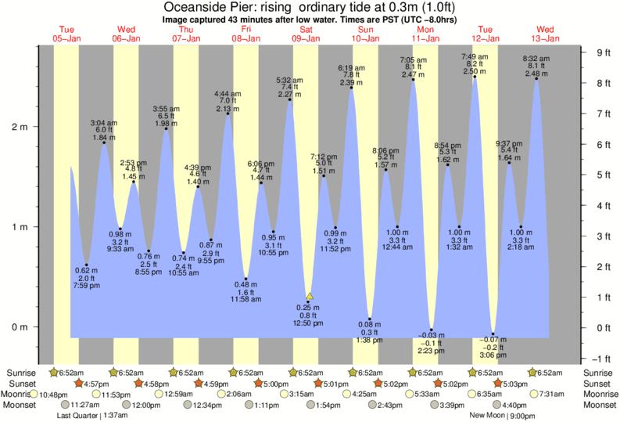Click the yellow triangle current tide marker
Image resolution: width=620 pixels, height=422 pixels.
tap(310, 296)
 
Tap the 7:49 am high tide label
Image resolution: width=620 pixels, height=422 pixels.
tap(474, 63)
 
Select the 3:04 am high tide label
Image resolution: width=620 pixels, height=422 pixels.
tap(103, 131)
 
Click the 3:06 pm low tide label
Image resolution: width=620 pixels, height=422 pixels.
tap(493, 348)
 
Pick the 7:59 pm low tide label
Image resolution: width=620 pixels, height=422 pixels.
tap(87, 277)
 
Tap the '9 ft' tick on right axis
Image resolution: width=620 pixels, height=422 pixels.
tap(603, 52)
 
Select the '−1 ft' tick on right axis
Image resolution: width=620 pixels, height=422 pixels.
tap(602, 358)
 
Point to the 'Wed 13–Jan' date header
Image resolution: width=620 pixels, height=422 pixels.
tap(545, 34)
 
